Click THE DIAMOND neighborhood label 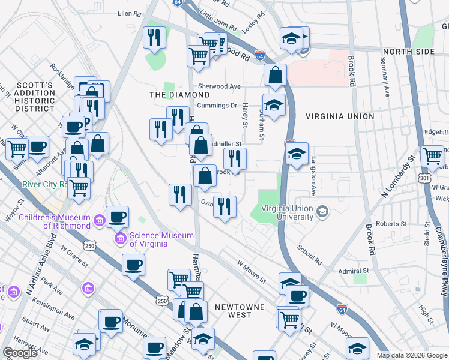coord(179,95)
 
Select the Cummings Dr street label coord(217,106)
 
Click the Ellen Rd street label coord(129,13)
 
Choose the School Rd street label coord(309,255)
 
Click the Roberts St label coord(387,224)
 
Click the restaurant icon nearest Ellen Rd coord(154,38)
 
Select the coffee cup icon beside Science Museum coord(117,217)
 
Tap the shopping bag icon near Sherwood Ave coord(274,76)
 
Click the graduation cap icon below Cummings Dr coord(274,106)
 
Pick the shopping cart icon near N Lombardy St coord(432,157)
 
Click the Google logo coord(20,353)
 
